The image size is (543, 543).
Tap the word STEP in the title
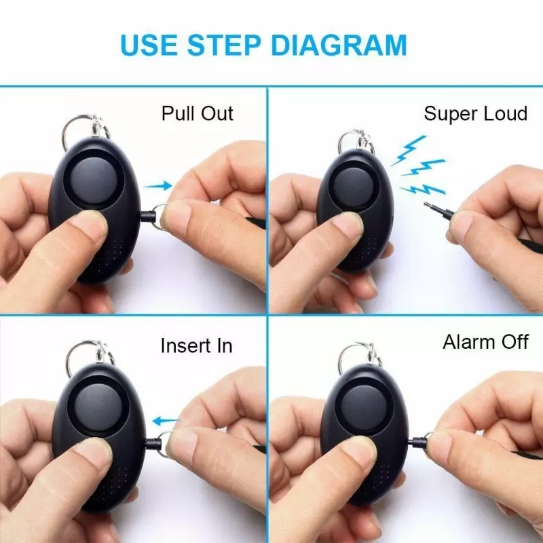point(224,45)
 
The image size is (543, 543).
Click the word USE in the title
point(148,45)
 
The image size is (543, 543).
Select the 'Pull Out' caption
point(198,113)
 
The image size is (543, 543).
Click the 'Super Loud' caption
point(476,113)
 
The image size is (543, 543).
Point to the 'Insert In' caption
point(196,345)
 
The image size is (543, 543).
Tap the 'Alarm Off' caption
point(485,342)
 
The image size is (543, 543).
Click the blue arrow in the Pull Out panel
point(157,186)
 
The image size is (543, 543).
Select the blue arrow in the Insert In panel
point(166,421)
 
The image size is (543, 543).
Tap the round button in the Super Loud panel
point(353,185)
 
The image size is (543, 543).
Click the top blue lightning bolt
point(409,149)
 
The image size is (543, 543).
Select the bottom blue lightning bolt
point(422,190)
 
